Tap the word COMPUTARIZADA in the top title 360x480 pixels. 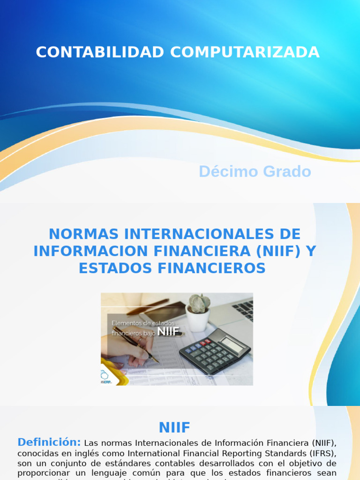tap(245, 52)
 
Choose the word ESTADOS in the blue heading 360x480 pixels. tap(112, 269)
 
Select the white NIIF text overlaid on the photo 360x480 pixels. tap(168, 332)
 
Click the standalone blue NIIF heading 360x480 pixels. tap(174, 427)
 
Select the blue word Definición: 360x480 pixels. tap(49, 442)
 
